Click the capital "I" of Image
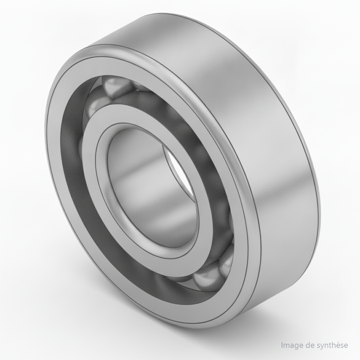[282, 345]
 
